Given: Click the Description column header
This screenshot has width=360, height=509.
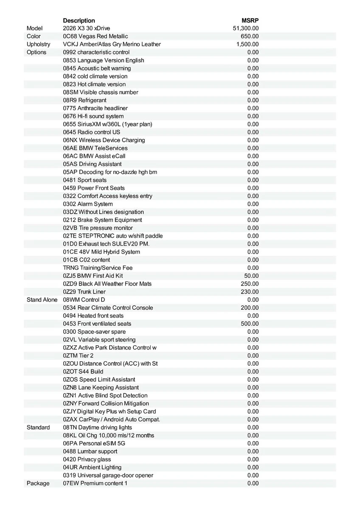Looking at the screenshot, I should point(79,20).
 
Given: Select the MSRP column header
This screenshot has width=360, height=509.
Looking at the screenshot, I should point(250,20).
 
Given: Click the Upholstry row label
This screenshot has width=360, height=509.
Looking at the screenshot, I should point(38,44).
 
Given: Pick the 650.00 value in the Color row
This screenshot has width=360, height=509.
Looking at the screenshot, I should point(250,36).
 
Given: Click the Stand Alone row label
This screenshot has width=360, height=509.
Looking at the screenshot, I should point(42,299).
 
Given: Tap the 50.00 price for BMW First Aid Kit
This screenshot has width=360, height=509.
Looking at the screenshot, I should point(251,276).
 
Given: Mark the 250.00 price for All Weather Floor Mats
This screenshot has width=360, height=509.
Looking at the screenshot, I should point(250,284).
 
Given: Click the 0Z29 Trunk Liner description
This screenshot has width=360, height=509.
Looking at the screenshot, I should point(84,292).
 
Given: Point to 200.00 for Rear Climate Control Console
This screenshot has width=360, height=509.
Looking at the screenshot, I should point(250,308).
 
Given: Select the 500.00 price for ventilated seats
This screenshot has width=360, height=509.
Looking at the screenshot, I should point(250,324).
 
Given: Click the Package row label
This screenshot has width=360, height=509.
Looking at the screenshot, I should point(38,483).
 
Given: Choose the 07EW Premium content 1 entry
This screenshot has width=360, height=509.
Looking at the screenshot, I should point(95,483).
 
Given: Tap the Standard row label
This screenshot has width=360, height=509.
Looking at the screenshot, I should point(38,427).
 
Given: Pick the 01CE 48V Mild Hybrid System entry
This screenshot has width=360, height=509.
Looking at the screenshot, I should point(101,252).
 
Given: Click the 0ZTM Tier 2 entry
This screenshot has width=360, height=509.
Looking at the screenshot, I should point(78,355).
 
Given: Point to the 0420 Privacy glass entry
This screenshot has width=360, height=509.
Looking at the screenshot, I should point(87,459).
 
